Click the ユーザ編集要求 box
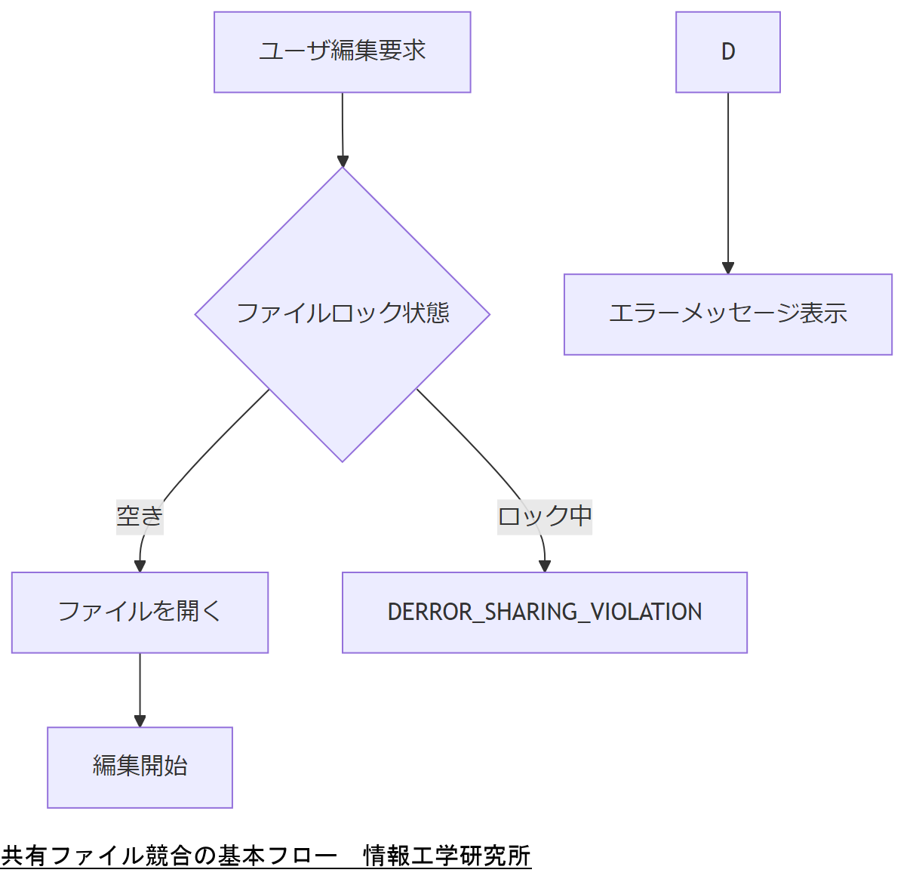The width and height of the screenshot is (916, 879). pyautogui.click(x=342, y=52)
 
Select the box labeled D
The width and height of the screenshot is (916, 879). pyautogui.click(x=727, y=52)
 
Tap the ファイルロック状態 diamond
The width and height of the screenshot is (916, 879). pyautogui.click(x=342, y=313)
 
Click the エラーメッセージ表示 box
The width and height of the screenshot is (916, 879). pyautogui.click(x=727, y=314)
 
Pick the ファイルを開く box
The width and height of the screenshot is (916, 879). pyautogui.click(x=140, y=612)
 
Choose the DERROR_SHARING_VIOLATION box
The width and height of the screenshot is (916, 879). pyautogui.click(x=544, y=612)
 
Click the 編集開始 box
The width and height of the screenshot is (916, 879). pyautogui.click(x=140, y=766)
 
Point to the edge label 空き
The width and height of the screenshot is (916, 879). pyautogui.click(x=140, y=517)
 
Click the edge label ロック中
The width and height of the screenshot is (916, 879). pyautogui.click(x=544, y=517)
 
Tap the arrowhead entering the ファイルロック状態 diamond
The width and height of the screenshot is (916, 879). pyautogui.click(x=343, y=161)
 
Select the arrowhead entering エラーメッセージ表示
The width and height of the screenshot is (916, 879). pyautogui.click(x=727, y=267)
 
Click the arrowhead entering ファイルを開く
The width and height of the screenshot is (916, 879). pyautogui.click(x=140, y=566)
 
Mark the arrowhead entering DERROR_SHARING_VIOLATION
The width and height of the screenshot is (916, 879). pyautogui.click(x=545, y=566)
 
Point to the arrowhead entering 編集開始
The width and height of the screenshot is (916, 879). pyautogui.click(x=140, y=720)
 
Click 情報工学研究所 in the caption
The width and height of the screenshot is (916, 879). pyautogui.click(x=447, y=856)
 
